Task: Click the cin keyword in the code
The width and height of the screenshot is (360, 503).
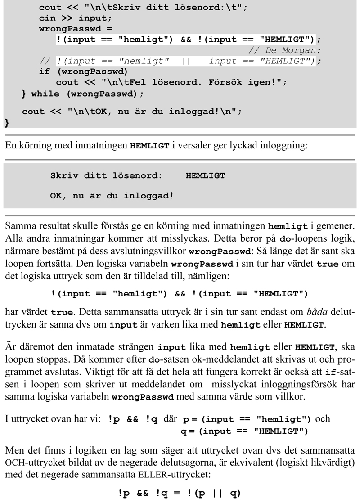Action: click(47, 18)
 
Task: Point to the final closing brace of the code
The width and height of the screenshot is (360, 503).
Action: click(6, 122)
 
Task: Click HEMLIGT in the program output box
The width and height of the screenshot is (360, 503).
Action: click(205, 175)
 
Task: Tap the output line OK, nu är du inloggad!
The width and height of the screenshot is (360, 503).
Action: click(112, 196)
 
